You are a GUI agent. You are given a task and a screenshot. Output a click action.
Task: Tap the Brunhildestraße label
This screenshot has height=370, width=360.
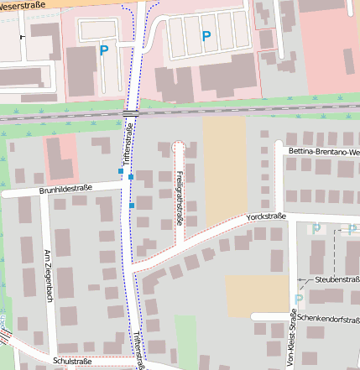65,189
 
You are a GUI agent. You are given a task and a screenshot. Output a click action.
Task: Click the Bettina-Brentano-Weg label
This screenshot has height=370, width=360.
323,152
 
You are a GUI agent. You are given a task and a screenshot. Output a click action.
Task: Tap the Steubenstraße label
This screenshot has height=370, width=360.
337,279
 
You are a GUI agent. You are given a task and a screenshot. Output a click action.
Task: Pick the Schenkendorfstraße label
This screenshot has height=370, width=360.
328,319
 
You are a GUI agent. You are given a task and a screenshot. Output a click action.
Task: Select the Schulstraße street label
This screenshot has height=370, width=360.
71,361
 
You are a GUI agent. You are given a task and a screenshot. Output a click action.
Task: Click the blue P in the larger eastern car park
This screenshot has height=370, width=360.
206,36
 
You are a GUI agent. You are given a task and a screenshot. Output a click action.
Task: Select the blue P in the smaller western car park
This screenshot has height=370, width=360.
104,50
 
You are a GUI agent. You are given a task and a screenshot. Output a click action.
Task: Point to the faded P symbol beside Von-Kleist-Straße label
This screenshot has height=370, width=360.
298,299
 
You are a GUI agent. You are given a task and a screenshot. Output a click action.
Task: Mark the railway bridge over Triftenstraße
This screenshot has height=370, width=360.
130,113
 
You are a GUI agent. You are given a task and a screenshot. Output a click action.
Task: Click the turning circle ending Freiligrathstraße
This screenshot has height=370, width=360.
178,147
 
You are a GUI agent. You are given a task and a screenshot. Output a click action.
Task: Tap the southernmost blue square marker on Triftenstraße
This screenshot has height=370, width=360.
132,205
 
